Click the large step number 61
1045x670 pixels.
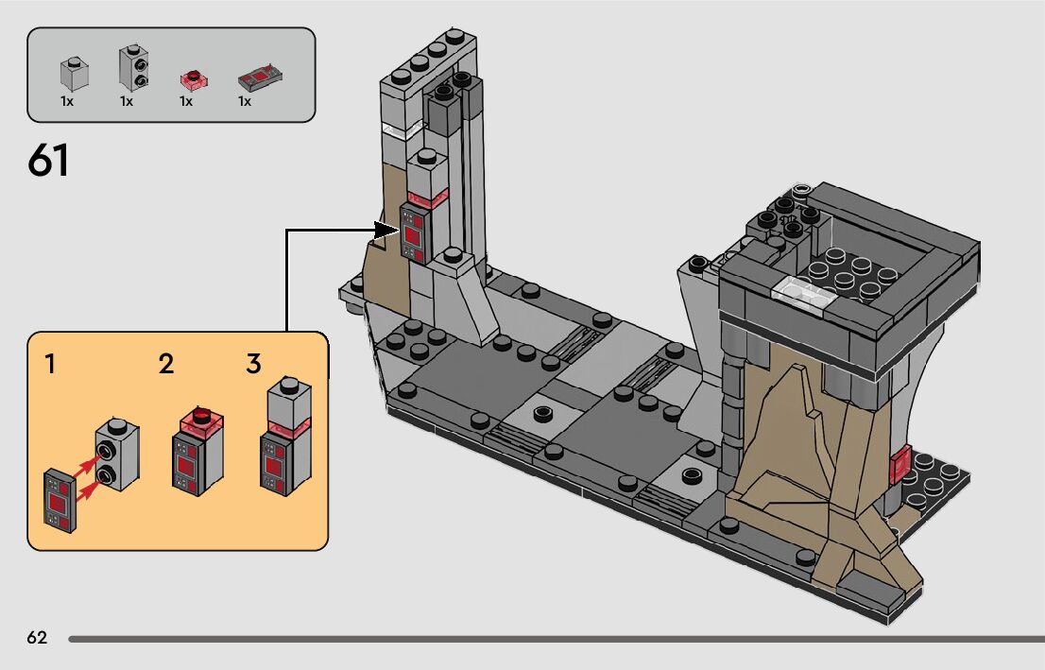pyautogui.click(x=48, y=161)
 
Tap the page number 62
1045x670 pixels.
pyautogui.click(x=38, y=638)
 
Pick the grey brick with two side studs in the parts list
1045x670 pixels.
pyautogui.click(x=134, y=68)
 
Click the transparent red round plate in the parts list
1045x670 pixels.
pyautogui.click(x=196, y=79)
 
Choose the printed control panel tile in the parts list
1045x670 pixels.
pyautogui.click(x=260, y=77)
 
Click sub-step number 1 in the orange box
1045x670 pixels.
pyautogui.click(x=49, y=365)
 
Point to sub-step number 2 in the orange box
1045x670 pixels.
pyautogui.click(x=166, y=364)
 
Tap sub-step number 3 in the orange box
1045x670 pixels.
pyautogui.click(x=254, y=364)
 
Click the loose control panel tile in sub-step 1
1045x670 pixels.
pyautogui.click(x=60, y=501)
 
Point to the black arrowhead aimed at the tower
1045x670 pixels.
pyautogui.click(x=385, y=231)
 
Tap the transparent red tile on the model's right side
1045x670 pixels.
pyautogui.click(x=900, y=463)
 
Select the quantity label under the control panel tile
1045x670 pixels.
pyautogui.click(x=245, y=101)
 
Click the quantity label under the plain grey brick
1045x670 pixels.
pyautogui.click(x=67, y=101)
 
